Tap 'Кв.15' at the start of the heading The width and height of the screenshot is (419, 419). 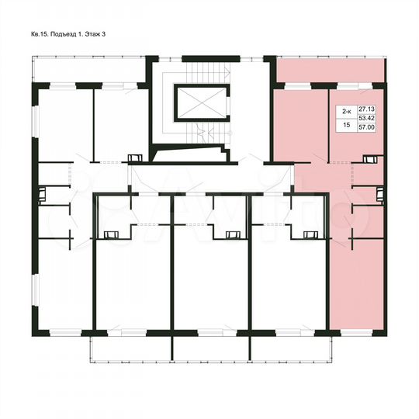40,35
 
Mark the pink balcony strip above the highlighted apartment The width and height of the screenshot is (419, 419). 331,71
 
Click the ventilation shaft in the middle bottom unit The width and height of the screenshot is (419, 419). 231,234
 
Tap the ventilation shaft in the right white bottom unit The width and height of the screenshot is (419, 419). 309,234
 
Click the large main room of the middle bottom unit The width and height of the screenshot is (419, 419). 209,287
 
